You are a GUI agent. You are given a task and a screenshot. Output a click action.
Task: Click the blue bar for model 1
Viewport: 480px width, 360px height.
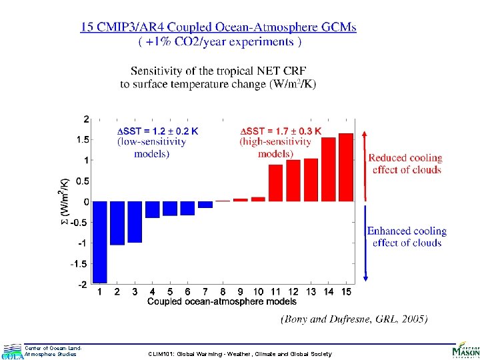click(x=100, y=241)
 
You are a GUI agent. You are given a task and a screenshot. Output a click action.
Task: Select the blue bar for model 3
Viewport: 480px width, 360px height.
click(x=135, y=221)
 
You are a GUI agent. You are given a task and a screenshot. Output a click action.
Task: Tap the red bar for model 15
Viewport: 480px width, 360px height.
click(x=346, y=167)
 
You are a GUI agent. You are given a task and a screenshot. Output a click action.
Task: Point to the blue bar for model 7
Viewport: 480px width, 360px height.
click(x=205, y=204)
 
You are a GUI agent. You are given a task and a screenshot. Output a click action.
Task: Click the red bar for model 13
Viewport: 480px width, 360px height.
click(x=311, y=179)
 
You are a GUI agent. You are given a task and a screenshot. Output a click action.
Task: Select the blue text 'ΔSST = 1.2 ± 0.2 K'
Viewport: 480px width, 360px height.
click(x=157, y=131)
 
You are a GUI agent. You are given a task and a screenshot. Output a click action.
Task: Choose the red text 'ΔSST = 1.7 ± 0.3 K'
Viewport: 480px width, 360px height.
click(x=280, y=131)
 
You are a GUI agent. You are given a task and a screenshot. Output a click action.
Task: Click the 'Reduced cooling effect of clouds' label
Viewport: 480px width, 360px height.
click(x=405, y=164)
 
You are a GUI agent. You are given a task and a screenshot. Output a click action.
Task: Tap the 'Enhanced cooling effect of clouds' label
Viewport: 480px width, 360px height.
click(x=407, y=237)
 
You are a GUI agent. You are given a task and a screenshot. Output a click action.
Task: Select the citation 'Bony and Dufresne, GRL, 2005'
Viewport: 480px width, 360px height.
click(x=355, y=319)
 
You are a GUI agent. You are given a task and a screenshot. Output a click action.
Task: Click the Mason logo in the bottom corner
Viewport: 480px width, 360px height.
click(x=465, y=349)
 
